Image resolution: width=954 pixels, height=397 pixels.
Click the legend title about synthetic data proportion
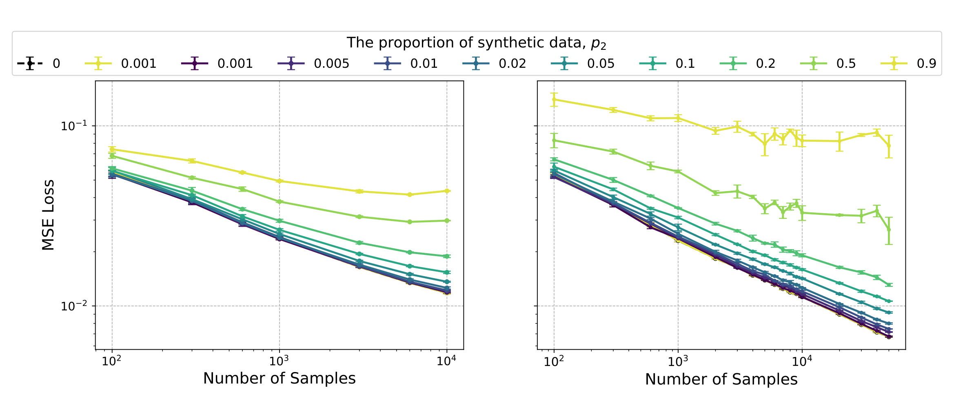click(x=476, y=43)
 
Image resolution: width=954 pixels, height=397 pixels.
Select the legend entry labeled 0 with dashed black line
click(x=39, y=64)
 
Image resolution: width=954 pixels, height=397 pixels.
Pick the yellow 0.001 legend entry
click(x=121, y=64)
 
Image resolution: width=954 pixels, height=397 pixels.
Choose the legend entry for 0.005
click(x=313, y=64)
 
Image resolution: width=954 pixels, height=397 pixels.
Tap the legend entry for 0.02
click(x=494, y=64)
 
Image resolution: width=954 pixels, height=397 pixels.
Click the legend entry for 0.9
click(x=914, y=64)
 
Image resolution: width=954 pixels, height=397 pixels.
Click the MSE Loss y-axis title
click(x=48, y=215)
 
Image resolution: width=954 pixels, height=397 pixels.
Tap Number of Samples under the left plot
click(x=279, y=379)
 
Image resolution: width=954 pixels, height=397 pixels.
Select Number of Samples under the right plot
click(x=721, y=379)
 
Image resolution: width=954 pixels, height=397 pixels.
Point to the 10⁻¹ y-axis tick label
click(x=74, y=126)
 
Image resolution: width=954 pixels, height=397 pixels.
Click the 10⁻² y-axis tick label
click(x=74, y=306)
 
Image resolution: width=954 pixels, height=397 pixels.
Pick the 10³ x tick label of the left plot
click(x=279, y=361)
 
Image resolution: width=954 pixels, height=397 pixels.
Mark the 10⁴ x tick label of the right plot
click(x=802, y=361)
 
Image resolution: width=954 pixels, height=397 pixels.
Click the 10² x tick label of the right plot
click(x=554, y=361)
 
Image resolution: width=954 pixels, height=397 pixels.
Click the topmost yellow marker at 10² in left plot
click(x=112, y=149)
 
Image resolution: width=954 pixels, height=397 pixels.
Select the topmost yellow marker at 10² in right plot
click(x=554, y=99)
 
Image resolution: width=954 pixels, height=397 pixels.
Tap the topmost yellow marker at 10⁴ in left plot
click(x=447, y=191)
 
